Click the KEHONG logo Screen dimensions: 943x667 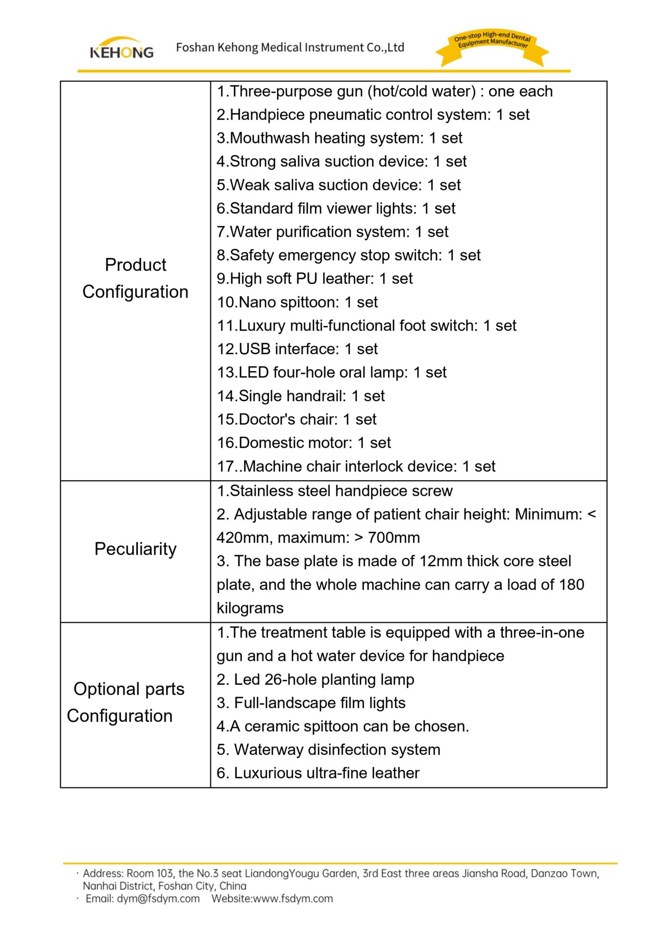[121, 48]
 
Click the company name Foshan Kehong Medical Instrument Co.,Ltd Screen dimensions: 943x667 [290, 48]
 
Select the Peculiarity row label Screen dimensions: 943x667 [135, 549]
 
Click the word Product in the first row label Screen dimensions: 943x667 [136, 265]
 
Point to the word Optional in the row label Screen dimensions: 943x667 [104, 689]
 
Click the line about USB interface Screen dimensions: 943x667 [297, 349]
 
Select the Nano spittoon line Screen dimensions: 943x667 [297, 302]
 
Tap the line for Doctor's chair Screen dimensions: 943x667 [297, 419]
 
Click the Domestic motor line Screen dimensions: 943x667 [304, 443]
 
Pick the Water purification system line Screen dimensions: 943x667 [333, 232]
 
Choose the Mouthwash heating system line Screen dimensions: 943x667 [339, 138]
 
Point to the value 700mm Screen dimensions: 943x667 [393, 538]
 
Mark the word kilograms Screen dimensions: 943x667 [250, 608]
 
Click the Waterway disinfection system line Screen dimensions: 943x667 [328, 749]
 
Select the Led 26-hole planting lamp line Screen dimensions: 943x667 [315, 679]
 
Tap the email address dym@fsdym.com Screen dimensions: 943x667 [158, 898]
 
